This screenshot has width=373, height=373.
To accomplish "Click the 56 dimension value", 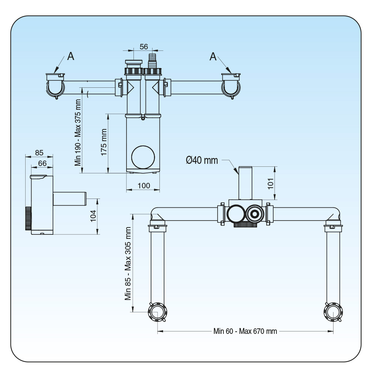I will [144, 46].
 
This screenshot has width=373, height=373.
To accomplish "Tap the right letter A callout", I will [213, 56].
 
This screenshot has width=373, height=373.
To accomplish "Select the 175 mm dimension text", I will [104, 143].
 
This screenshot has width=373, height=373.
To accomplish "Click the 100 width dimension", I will [144, 185].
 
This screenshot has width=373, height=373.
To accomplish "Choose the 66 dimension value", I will [42, 163].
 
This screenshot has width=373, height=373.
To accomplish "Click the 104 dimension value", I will [93, 216].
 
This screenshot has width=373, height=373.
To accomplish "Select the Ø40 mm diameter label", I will [201, 160].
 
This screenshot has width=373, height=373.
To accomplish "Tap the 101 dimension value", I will [271, 183].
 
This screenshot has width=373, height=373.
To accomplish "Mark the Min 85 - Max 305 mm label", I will [128, 263].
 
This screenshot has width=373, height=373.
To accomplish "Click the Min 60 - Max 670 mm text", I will [245, 331].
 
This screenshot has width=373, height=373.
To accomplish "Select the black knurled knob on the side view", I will [28, 218].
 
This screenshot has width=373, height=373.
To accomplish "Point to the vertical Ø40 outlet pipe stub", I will [245, 183].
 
